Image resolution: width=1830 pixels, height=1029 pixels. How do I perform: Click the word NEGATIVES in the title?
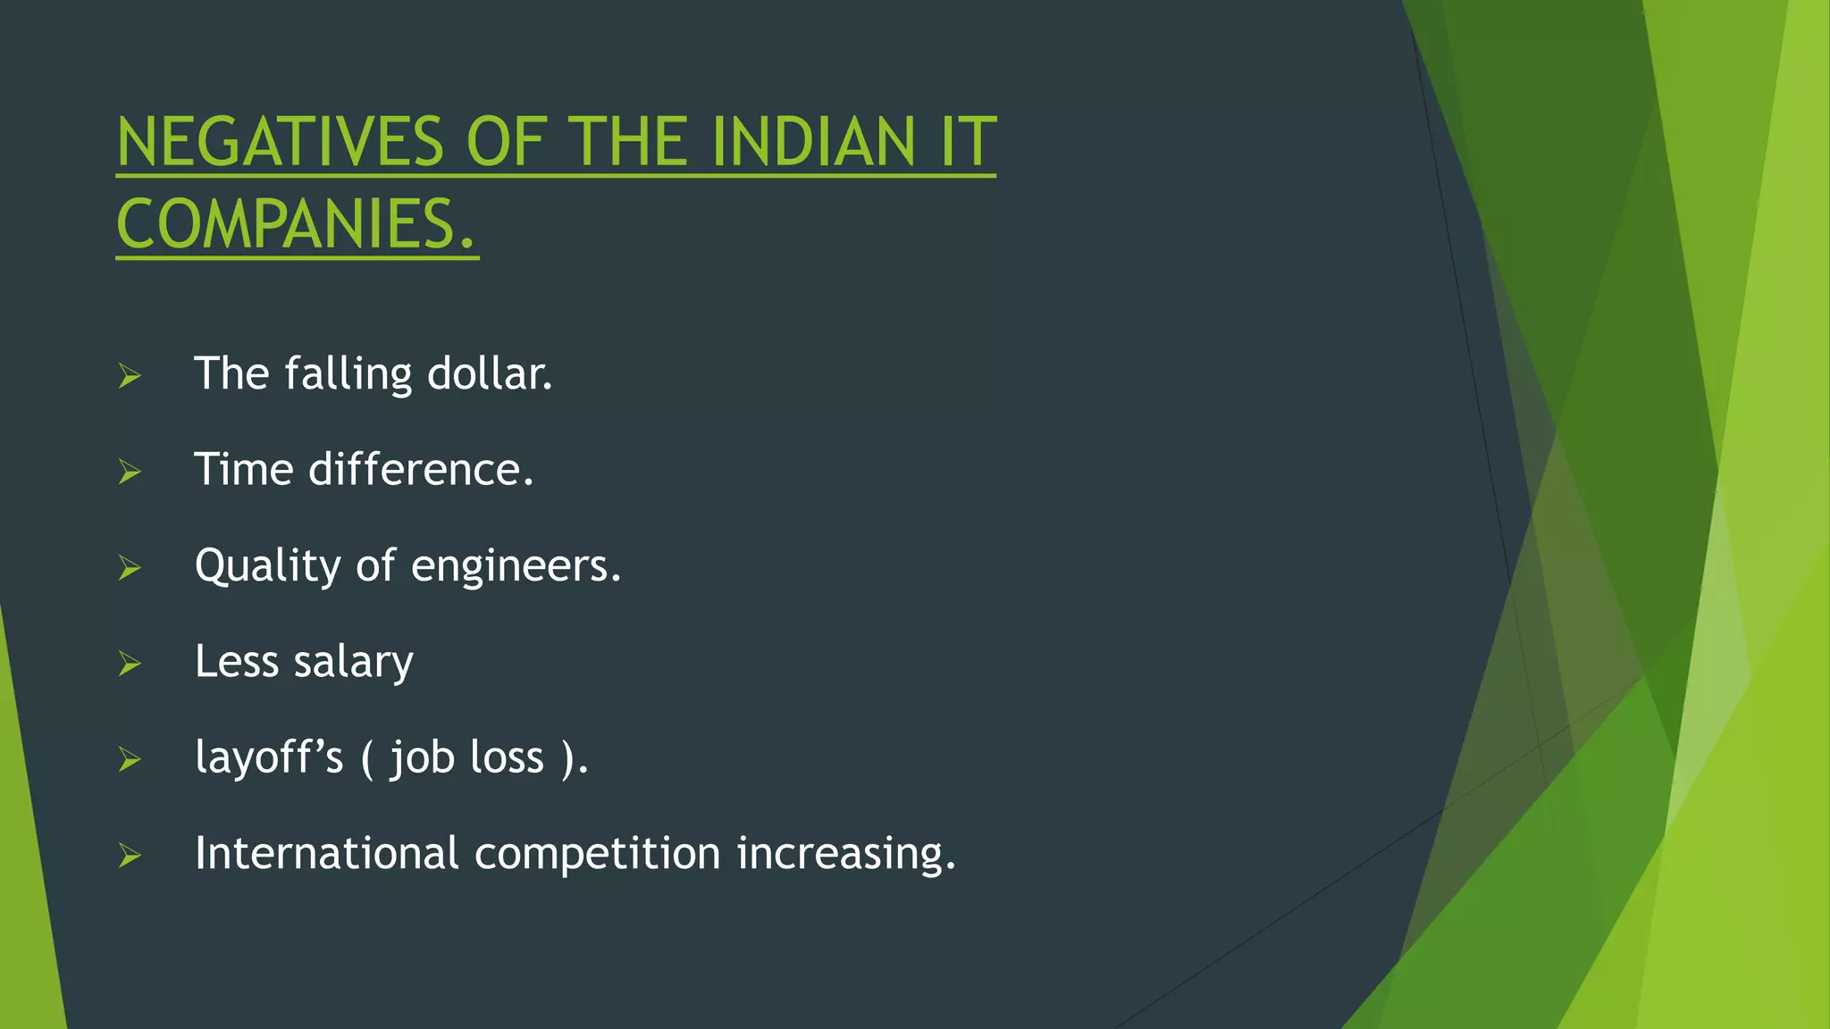coord(280,142)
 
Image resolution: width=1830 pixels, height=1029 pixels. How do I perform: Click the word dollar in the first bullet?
coord(489,373)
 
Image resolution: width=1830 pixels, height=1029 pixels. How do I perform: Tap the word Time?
coord(243,469)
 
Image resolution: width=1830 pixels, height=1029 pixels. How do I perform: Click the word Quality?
coord(267,566)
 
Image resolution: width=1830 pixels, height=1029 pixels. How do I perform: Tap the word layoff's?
coord(269,758)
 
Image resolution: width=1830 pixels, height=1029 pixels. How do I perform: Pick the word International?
coord(326,853)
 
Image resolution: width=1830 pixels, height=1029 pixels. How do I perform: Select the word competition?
coord(597,854)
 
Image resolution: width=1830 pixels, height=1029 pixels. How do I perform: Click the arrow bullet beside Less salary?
coord(130,664)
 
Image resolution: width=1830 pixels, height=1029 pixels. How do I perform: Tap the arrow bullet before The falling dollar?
coord(130,376)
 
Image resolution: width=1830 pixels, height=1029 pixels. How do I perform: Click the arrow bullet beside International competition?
coord(130,856)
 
